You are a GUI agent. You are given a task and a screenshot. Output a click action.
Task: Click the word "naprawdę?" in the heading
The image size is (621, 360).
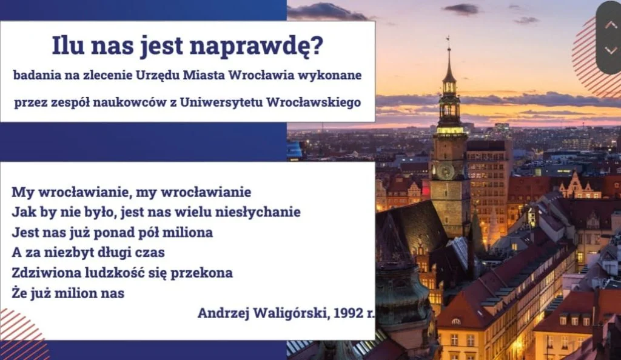(257, 47)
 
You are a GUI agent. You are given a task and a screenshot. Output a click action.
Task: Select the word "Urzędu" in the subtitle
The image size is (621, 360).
(157, 76)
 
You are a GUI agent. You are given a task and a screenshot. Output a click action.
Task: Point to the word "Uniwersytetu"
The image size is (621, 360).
(221, 102)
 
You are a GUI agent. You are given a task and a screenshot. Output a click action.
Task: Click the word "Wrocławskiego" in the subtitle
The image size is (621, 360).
(314, 102)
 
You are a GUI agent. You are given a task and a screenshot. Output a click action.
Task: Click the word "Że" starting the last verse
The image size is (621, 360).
(19, 292)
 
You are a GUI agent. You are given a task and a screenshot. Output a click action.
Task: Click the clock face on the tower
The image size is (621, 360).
(445, 171)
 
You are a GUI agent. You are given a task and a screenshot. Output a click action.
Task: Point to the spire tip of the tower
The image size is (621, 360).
(449, 38)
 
